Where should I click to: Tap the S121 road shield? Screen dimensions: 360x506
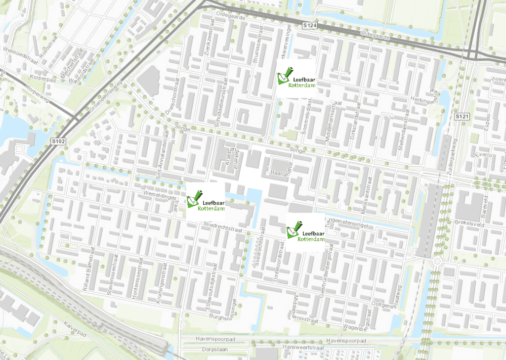[461, 116]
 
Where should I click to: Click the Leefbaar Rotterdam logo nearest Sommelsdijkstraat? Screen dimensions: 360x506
[296, 79]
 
